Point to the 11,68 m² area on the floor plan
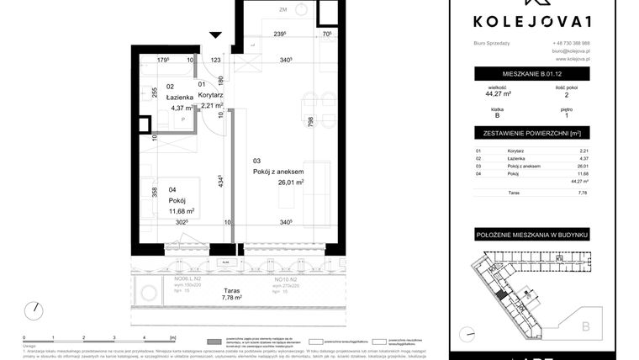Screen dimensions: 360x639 (181, 211)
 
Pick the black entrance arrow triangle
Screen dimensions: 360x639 (215, 34)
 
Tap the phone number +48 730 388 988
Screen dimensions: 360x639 (572, 43)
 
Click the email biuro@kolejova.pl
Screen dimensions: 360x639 (572, 51)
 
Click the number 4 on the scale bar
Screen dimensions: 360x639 (145, 336)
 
